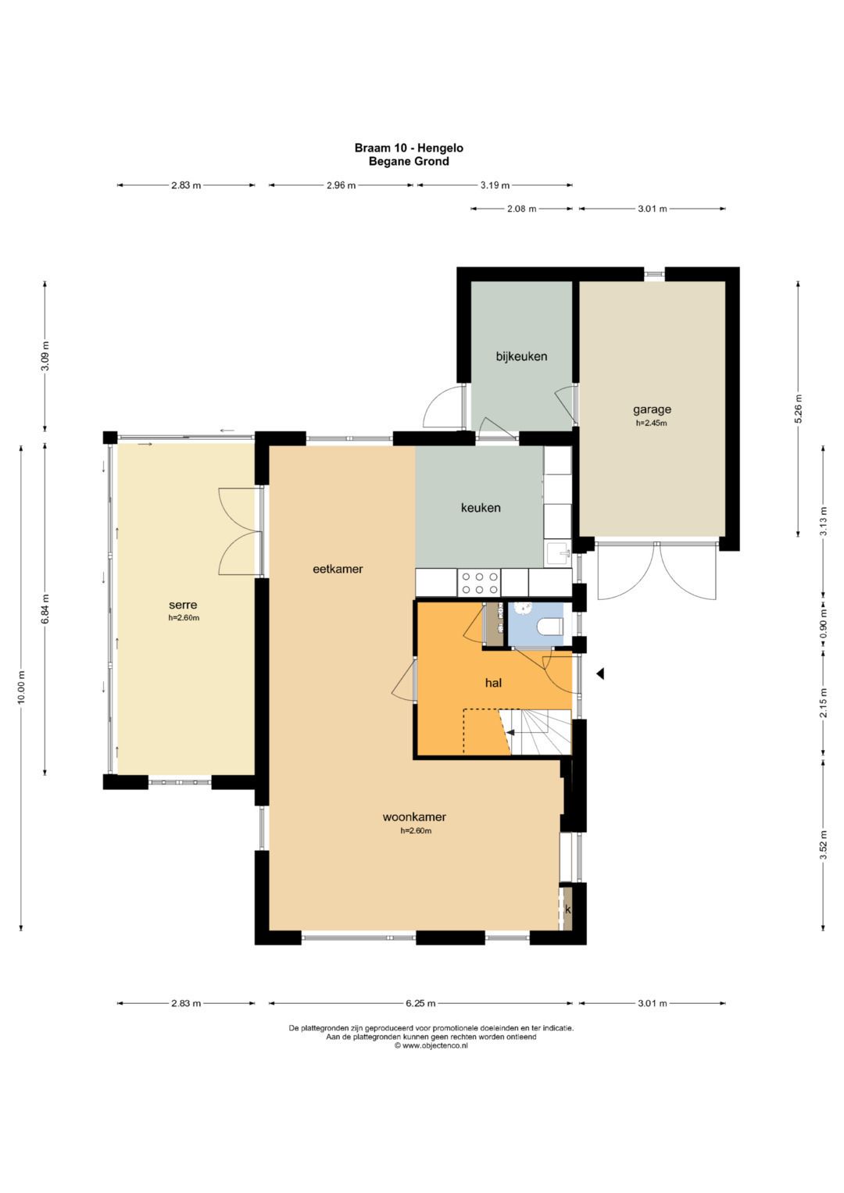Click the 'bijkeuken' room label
tap(521, 356)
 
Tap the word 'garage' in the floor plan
tap(652, 409)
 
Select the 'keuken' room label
tap(481, 508)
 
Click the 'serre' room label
tap(183, 605)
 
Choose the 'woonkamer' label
tap(414, 816)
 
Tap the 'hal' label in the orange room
tap(493, 682)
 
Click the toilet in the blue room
tap(551, 627)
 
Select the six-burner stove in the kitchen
tap(479, 583)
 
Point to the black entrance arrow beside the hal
tap(600, 674)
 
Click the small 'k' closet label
tap(568, 909)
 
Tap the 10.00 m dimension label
tap(21, 688)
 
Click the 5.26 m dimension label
tap(798, 409)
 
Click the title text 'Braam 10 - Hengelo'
tap(409, 148)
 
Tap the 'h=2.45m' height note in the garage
tap(652, 423)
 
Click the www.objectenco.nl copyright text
tap(431, 1045)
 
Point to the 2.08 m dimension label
tap(522, 209)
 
